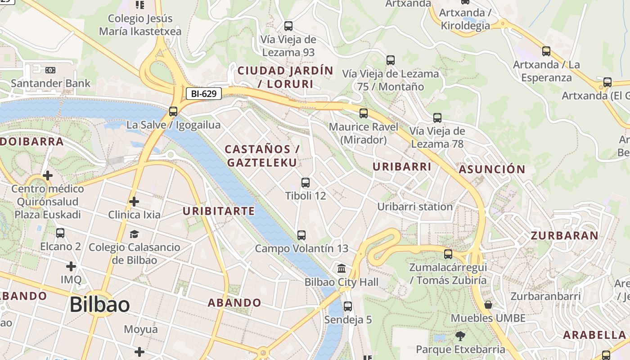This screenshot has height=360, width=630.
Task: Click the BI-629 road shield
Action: pyautogui.click(x=204, y=94)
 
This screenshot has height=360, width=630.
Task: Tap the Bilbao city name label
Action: pyautogui.click(x=100, y=305)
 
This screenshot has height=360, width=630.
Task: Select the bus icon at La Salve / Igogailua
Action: pyautogui.click(x=173, y=112)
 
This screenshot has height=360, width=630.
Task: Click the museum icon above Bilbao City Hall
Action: pyautogui.click(x=342, y=269)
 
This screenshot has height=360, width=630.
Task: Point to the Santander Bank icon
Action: pyautogui.click(x=50, y=70)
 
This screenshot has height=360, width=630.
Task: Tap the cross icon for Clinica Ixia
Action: pyautogui.click(x=134, y=201)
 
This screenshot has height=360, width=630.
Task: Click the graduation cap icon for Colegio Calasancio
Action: pyautogui.click(x=134, y=234)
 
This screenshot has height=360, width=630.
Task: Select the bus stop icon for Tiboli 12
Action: pyautogui.click(x=306, y=183)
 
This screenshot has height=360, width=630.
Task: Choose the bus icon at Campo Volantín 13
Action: pyautogui.click(x=301, y=235)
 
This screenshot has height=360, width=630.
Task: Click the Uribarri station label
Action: pyautogui.click(x=415, y=207)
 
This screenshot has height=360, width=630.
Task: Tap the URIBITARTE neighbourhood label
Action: pyautogui.click(x=219, y=211)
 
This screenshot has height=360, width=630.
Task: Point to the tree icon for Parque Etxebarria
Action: pyautogui.click(x=460, y=336)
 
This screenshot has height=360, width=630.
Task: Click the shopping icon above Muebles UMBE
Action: pyautogui.click(x=488, y=305)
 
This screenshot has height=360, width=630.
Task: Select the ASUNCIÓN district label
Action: pyautogui.click(x=492, y=169)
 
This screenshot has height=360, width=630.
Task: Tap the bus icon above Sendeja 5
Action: pyautogui.click(x=348, y=306)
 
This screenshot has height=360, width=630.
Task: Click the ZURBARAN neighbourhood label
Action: pyautogui.click(x=565, y=235)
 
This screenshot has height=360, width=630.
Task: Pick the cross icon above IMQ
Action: pyautogui.click(x=71, y=266)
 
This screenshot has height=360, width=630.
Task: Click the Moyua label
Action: pyautogui.click(x=141, y=329)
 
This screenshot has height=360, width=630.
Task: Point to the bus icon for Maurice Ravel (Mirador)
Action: pyautogui.click(x=364, y=113)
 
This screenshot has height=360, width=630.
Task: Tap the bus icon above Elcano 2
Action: pyautogui.click(x=60, y=233)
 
